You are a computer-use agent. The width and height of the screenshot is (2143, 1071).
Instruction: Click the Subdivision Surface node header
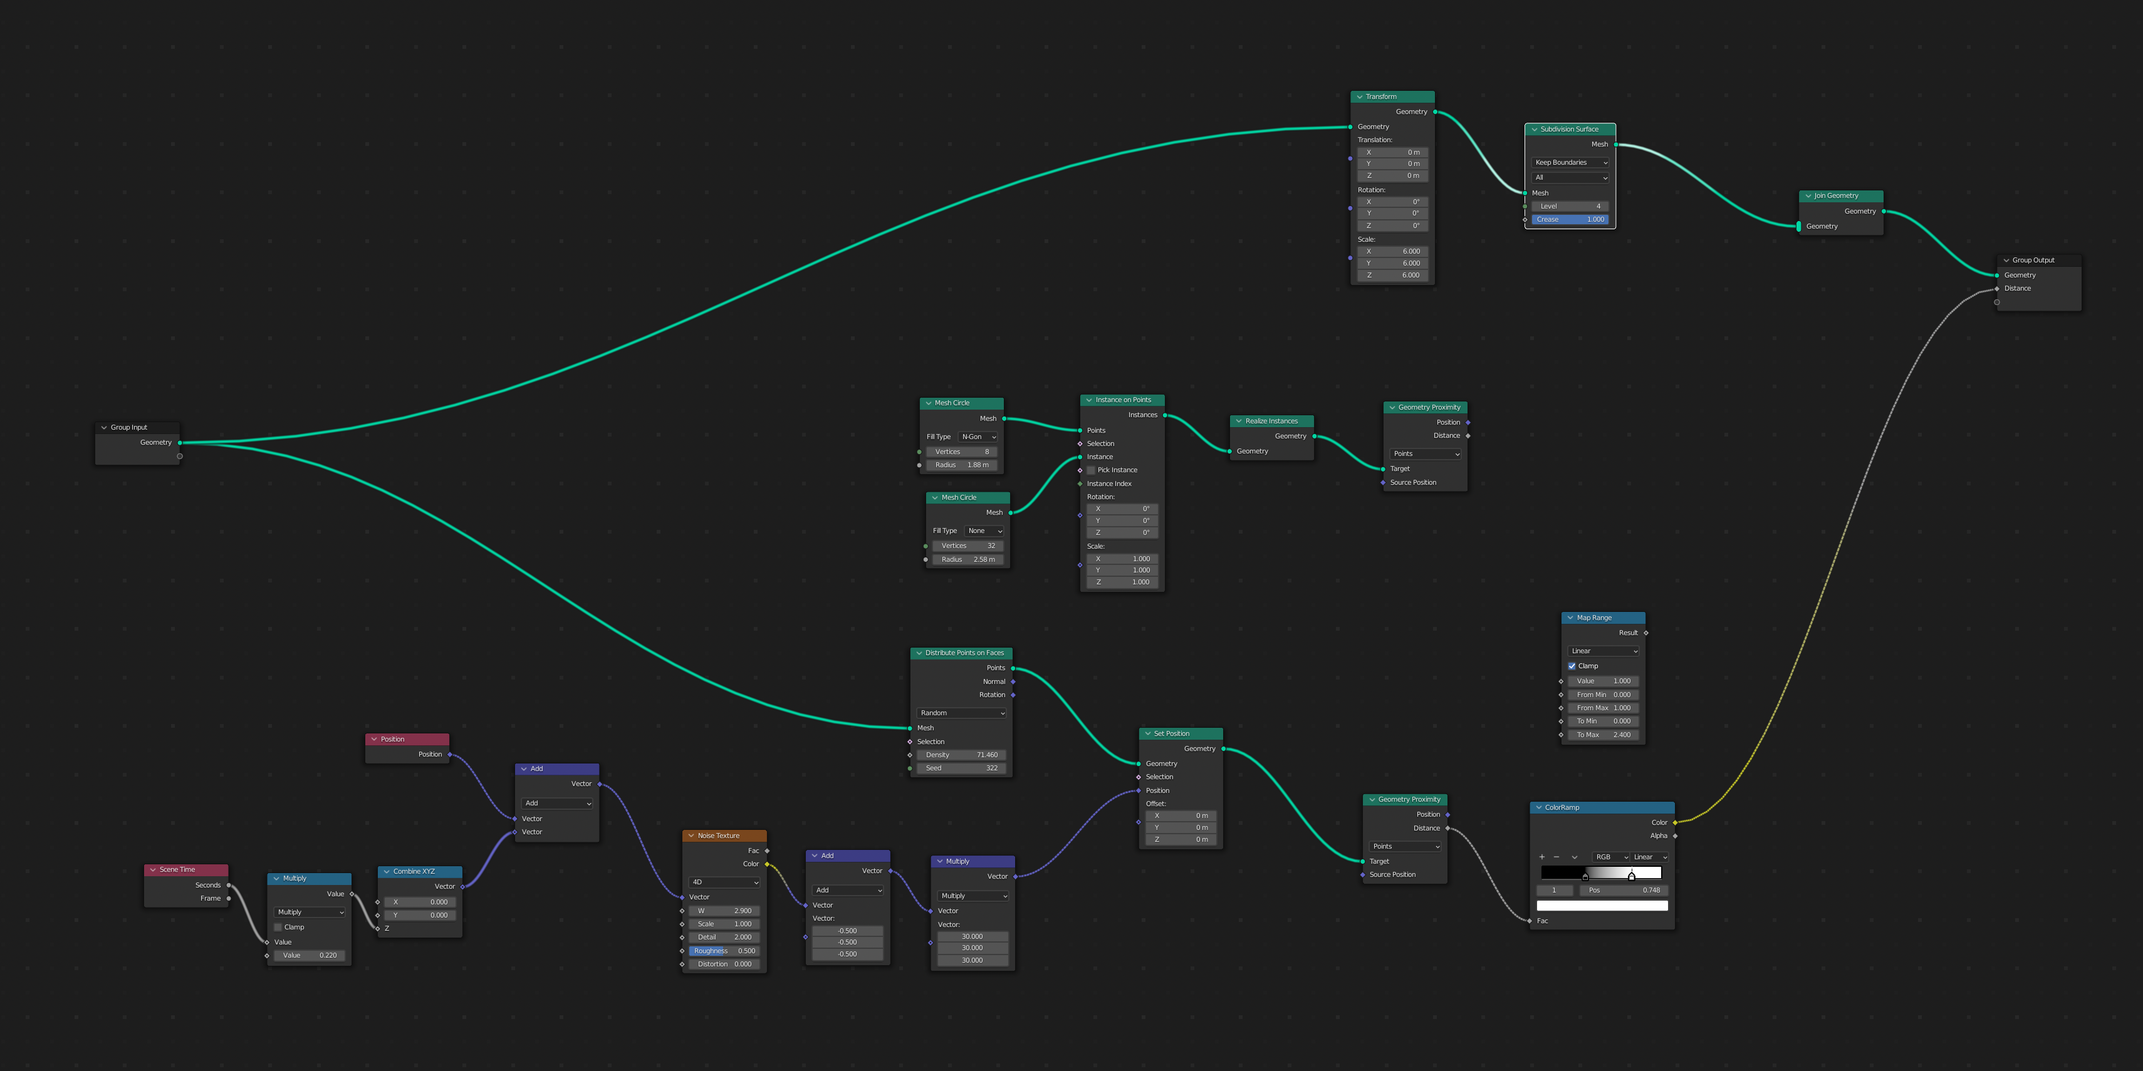pos(1569,129)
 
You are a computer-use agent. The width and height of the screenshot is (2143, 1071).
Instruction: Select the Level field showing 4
pos(1570,206)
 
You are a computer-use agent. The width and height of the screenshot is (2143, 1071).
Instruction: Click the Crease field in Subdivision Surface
pos(1570,219)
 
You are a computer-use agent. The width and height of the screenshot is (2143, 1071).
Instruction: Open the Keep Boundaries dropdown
pos(1570,163)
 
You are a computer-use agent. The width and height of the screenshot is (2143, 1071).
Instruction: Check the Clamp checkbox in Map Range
pos(1572,666)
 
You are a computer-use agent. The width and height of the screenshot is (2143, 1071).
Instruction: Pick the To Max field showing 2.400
pos(1602,735)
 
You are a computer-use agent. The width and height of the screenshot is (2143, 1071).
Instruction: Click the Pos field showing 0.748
pos(1623,891)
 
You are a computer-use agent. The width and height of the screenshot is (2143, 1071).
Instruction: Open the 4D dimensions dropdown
pos(724,882)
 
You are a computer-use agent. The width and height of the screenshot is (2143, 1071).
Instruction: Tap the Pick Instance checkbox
pos(1091,470)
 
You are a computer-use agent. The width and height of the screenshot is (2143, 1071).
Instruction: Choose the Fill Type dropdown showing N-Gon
pos(978,437)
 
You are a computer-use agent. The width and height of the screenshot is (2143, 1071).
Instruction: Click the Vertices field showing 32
pos(967,546)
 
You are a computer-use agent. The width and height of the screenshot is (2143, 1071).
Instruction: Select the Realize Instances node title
pos(1271,422)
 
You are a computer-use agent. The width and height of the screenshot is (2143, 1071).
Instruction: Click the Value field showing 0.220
pos(310,955)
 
